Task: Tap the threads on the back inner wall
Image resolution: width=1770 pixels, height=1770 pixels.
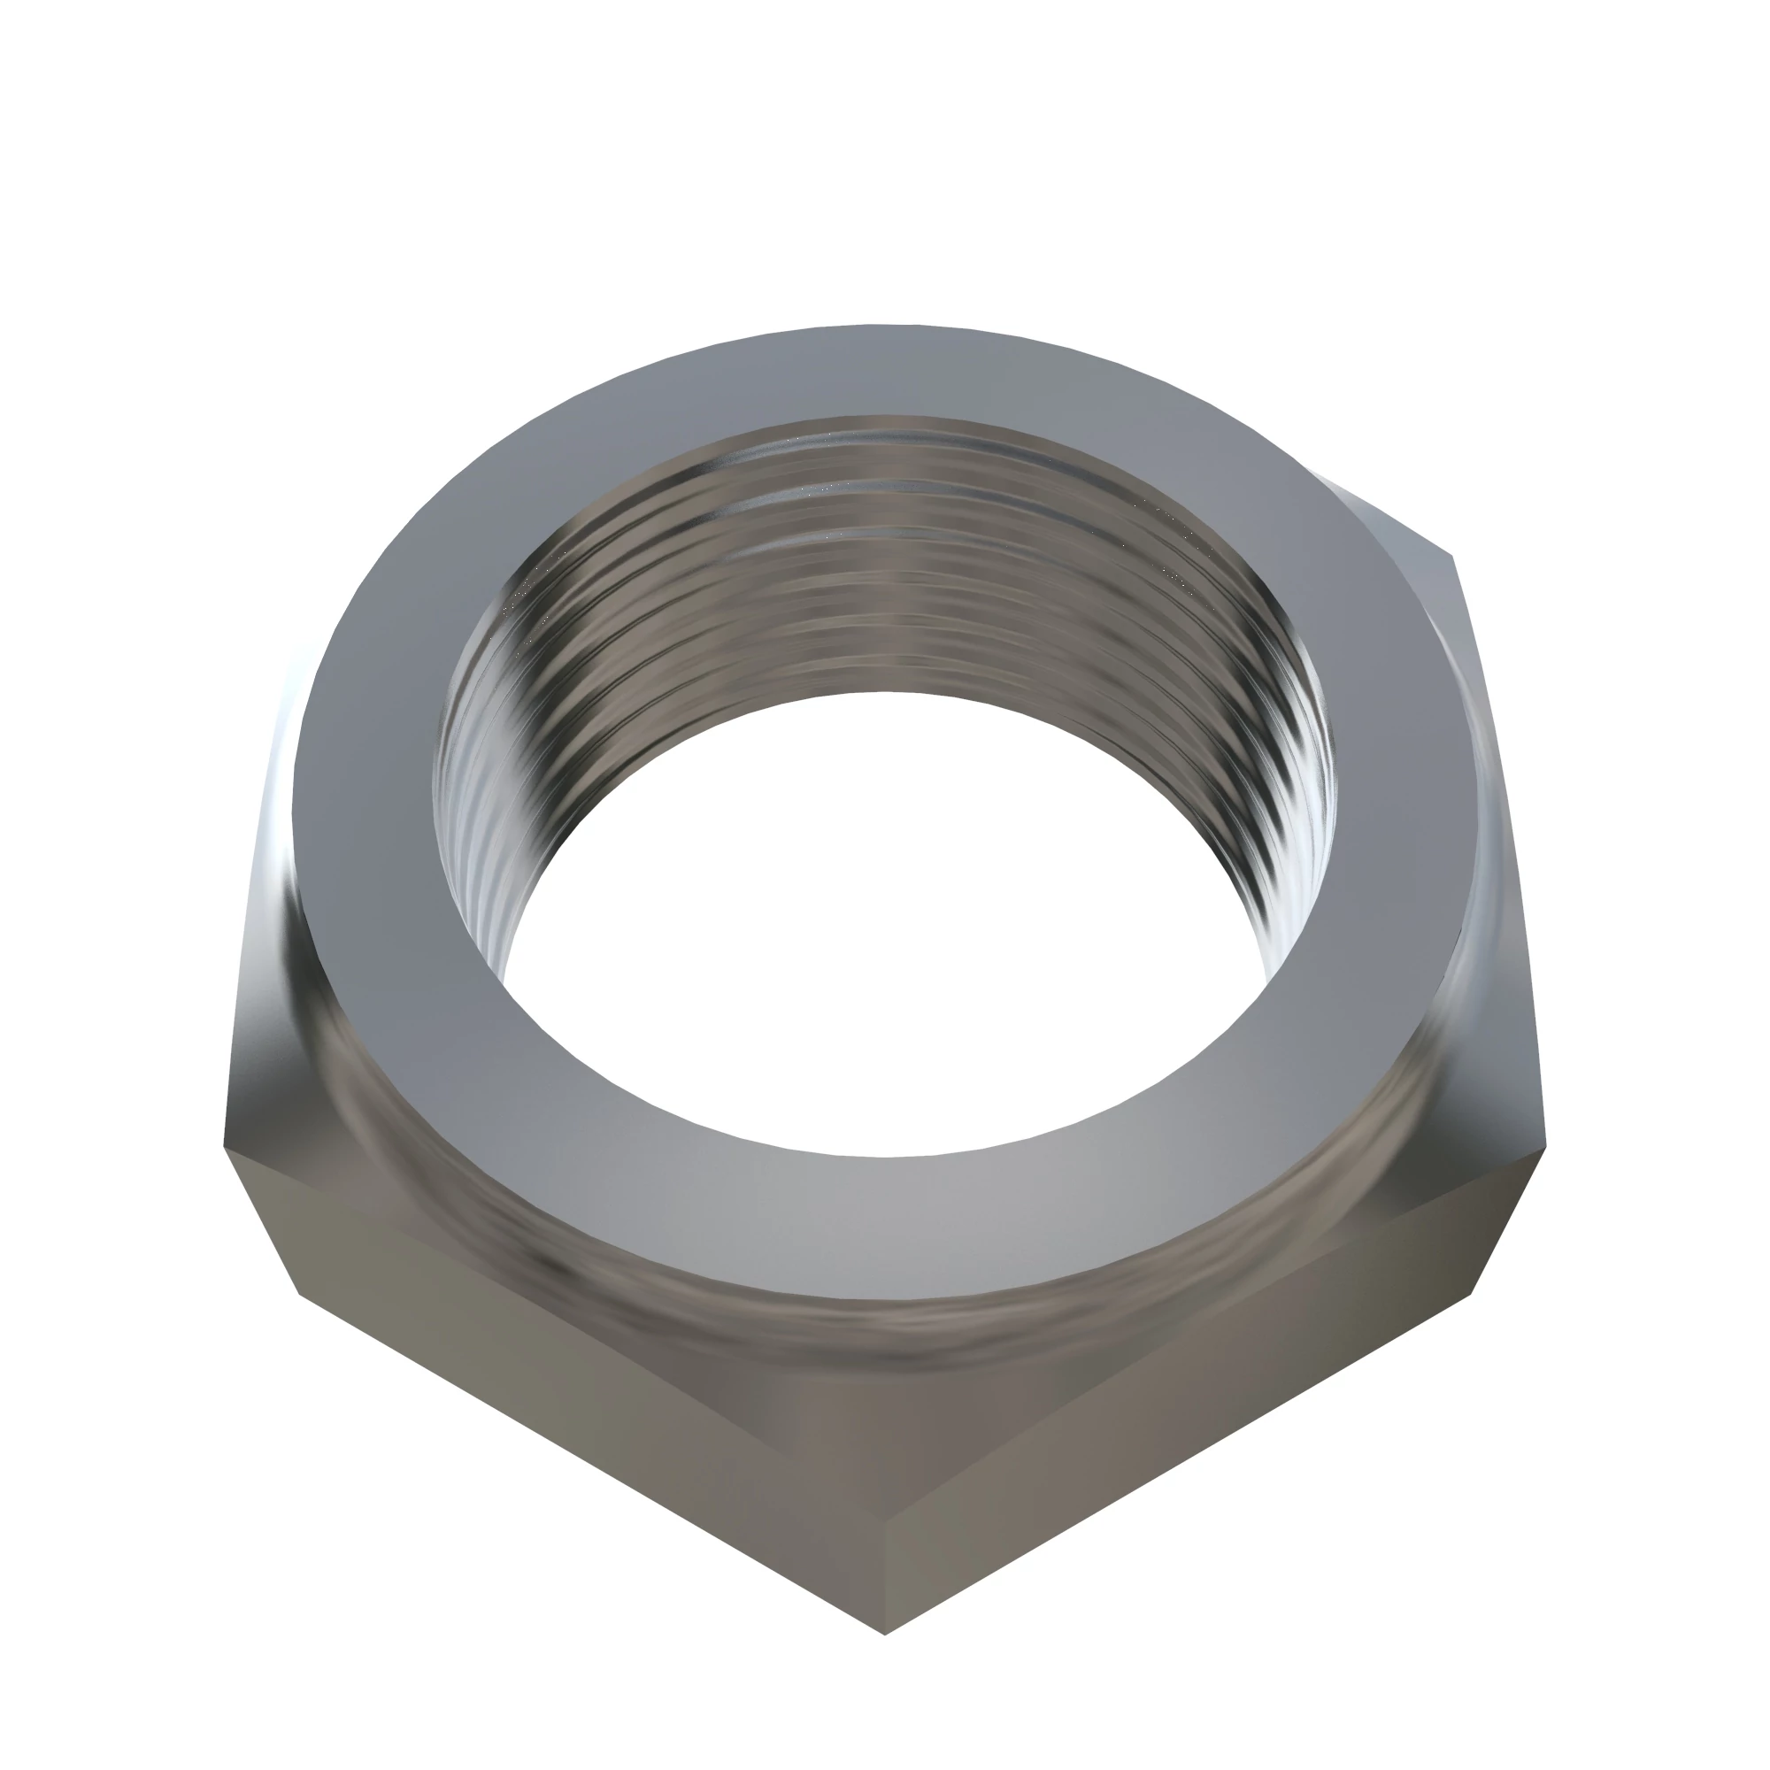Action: pyautogui.click(x=880, y=568)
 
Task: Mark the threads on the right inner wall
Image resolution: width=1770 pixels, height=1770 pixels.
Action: pyautogui.click(x=1282, y=779)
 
